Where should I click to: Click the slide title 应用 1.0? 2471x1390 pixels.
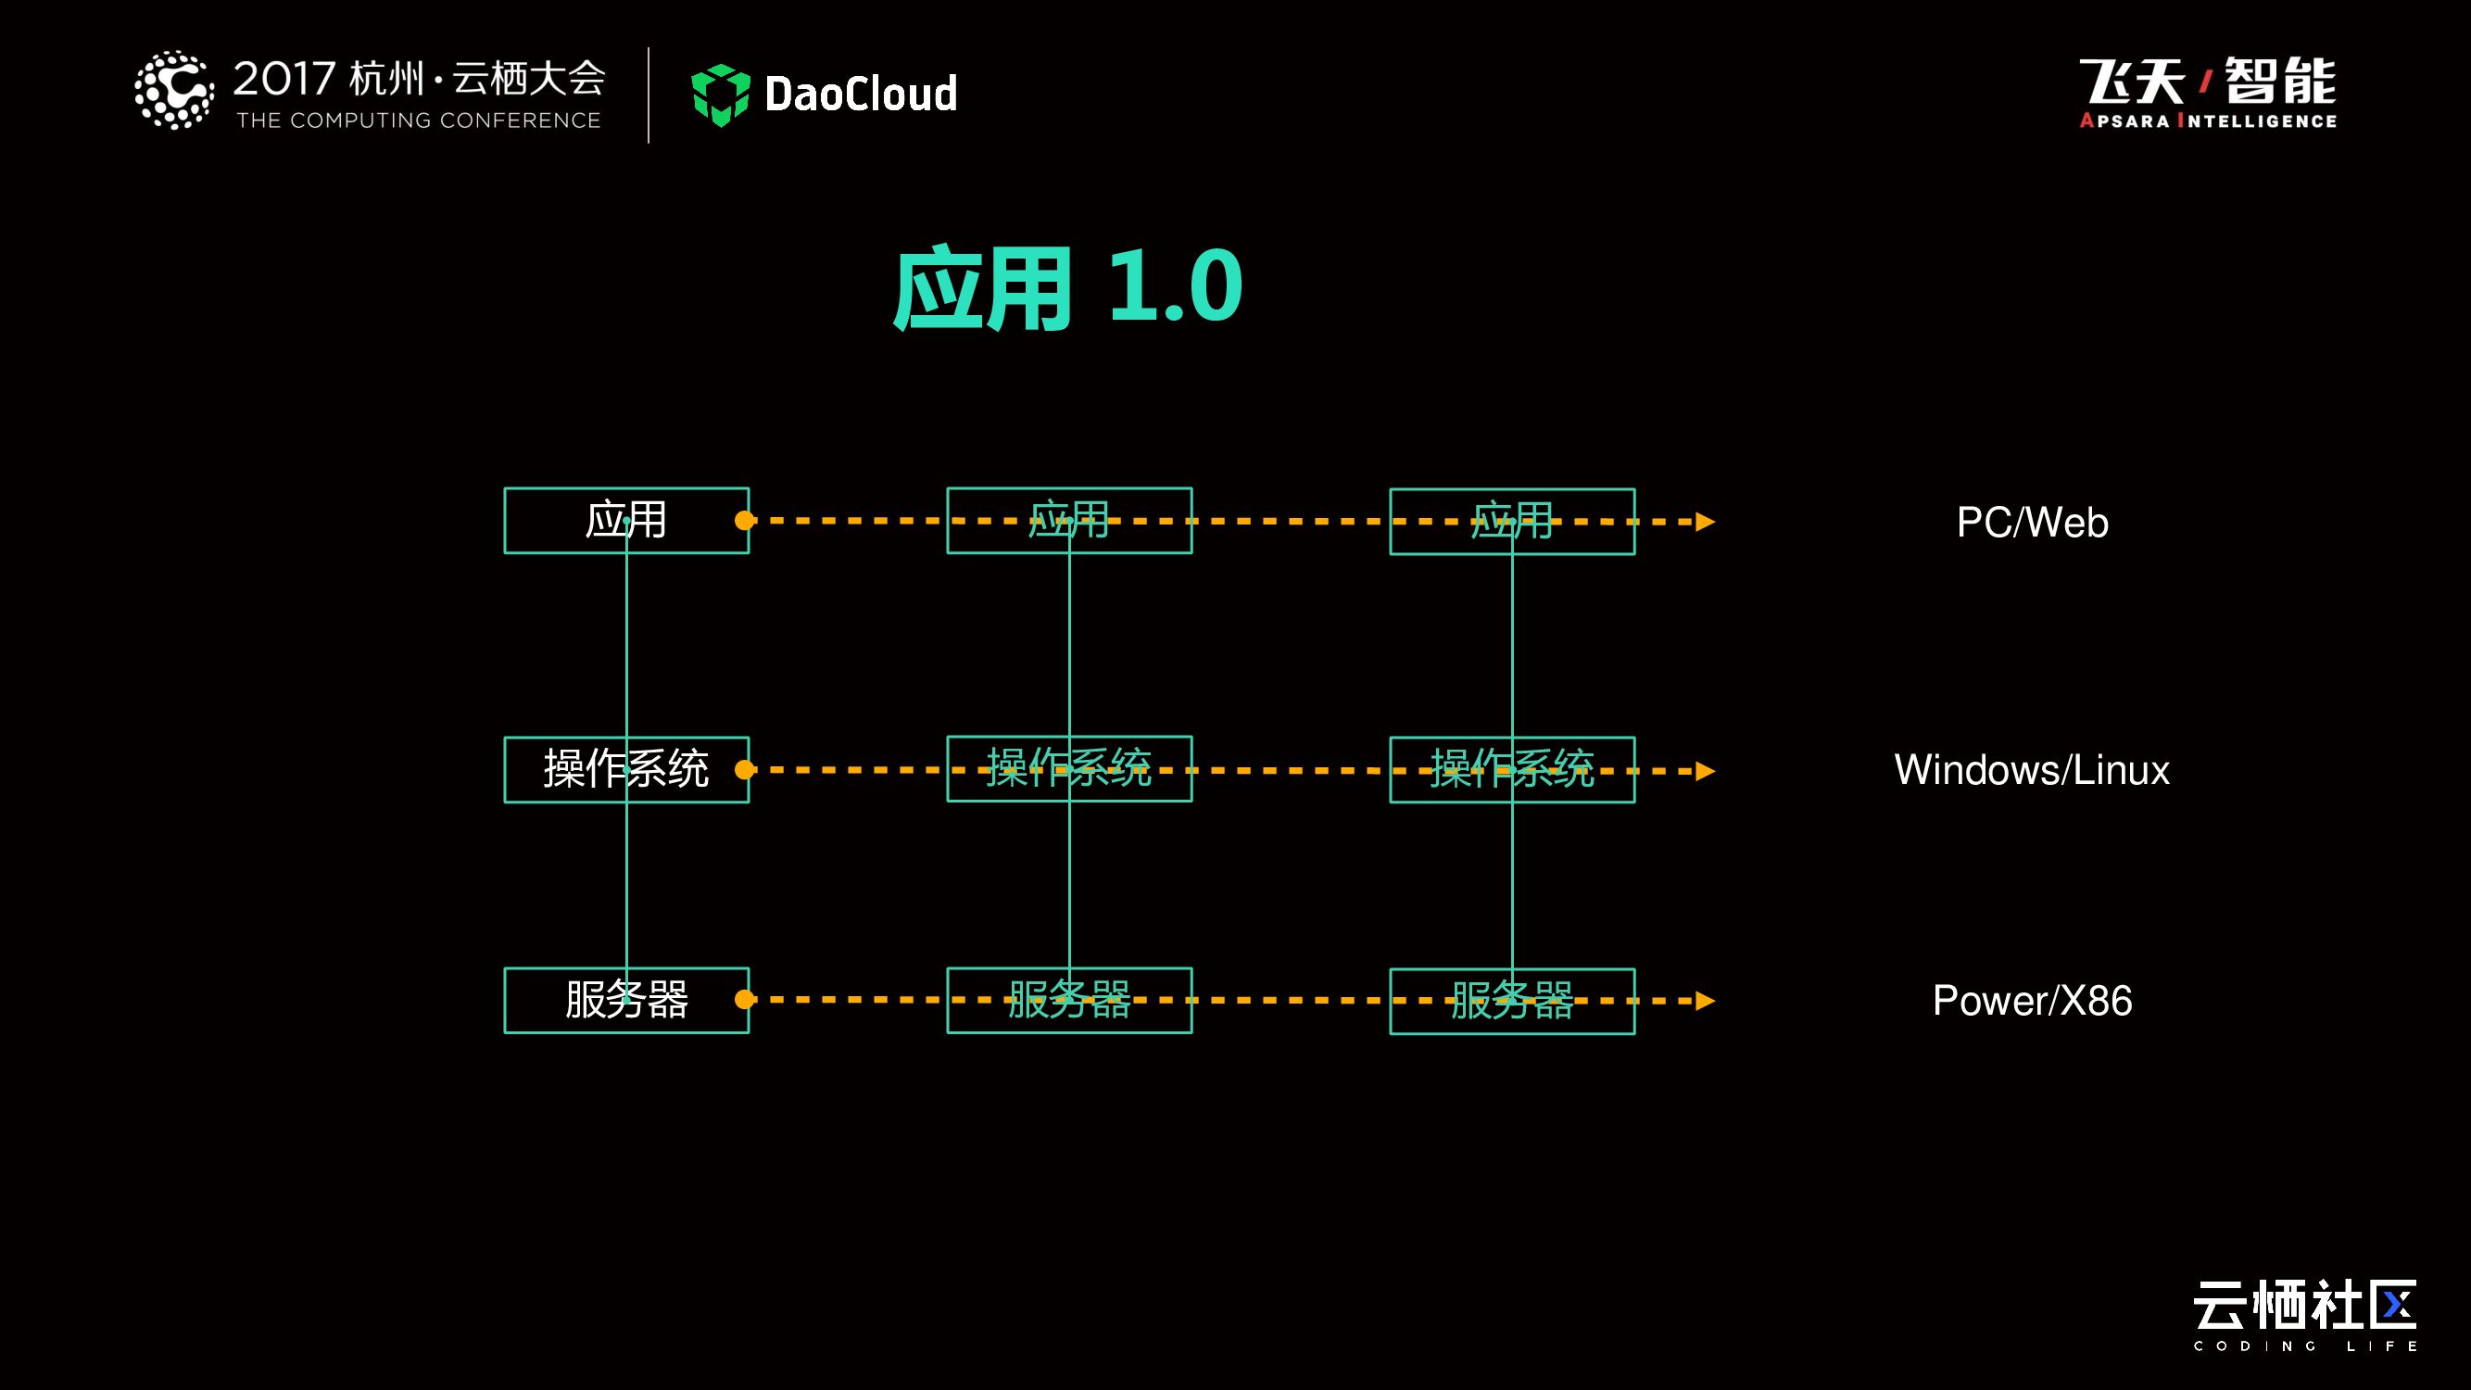point(1066,288)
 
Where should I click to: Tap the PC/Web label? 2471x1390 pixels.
point(2032,523)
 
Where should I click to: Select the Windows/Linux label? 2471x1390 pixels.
point(2031,770)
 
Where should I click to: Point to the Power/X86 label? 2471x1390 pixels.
point(2032,1001)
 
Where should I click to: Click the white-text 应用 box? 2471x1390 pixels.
point(626,521)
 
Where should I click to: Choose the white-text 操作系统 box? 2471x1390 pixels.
point(626,769)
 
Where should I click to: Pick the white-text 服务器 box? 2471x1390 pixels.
point(626,1001)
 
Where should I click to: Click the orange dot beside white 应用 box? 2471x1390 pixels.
point(744,521)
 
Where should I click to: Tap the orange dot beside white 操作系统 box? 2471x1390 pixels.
point(744,769)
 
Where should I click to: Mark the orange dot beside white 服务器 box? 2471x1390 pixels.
point(744,1000)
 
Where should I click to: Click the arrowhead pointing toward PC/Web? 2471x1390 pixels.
point(1705,522)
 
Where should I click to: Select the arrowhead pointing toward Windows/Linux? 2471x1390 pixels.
point(1705,771)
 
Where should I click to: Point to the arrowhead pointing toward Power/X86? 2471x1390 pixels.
point(1705,1002)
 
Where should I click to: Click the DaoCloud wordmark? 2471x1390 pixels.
point(861,94)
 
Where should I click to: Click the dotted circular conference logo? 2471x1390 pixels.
point(173,90)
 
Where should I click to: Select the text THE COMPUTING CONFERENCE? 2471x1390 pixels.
point(418,120)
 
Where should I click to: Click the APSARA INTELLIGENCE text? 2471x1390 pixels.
point(2207,120)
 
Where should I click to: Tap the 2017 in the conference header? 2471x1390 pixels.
point(284,79)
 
